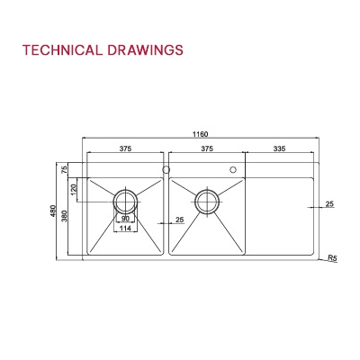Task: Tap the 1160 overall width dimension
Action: pos(199,134)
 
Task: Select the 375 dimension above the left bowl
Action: pos(124,149)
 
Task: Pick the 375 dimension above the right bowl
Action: pos(206,149)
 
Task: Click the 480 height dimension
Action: pos(54,211)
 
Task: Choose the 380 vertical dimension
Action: pos(64,219)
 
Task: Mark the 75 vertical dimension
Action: pos(65,169)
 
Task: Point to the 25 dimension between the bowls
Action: pos(179,220)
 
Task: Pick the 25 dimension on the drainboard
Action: pos(329,205)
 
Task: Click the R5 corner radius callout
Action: pos(332,258)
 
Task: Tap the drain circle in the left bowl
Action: pos(124,199)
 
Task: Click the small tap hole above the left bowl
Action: pos(166,168)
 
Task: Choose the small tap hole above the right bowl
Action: pos(233,168)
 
